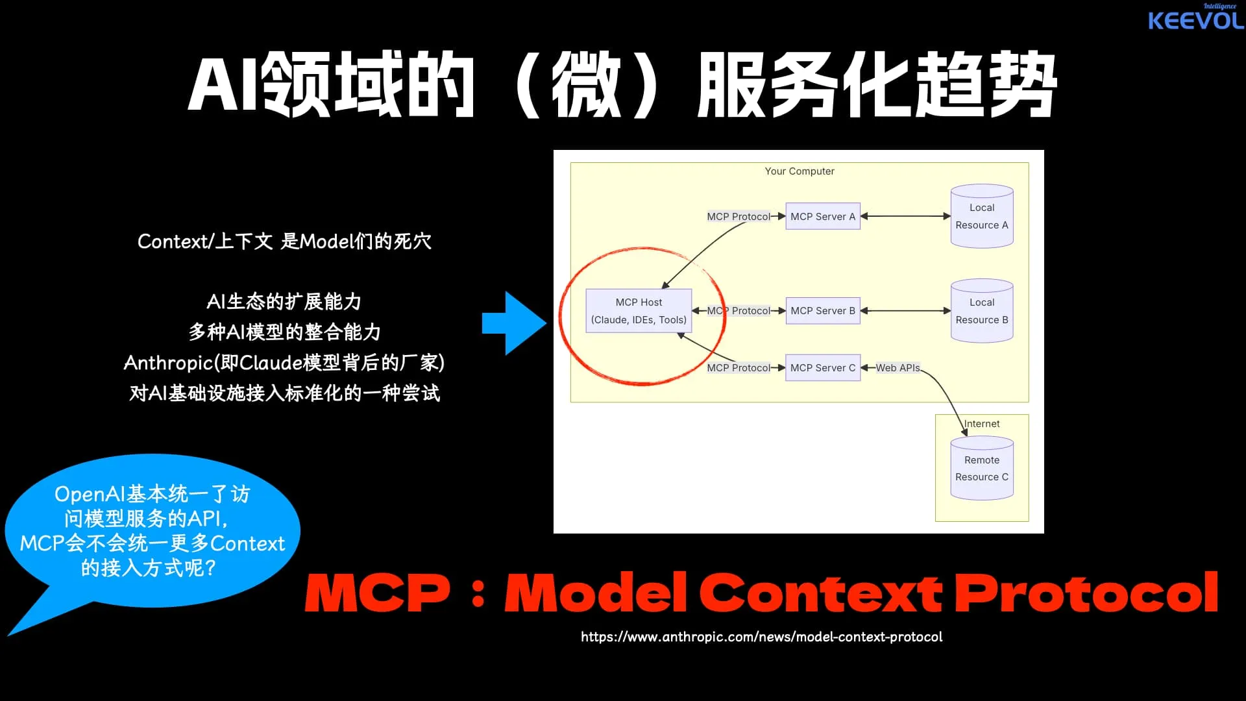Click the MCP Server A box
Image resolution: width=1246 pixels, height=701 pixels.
(822, 216)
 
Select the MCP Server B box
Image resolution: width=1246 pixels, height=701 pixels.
(822, 311)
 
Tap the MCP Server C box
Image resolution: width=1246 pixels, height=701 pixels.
(822, 367)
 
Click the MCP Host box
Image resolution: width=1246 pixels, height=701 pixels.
(639, 311)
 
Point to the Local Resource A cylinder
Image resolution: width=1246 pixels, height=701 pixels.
(981, 216)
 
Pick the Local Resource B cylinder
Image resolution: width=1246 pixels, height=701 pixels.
(981, 311)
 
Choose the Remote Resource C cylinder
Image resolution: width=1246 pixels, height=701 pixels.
(981, 468)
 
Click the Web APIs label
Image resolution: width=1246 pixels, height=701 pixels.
(898, 367)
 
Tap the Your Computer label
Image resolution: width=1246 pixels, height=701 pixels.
(799, 171)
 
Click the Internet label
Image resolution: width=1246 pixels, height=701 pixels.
(981, 424)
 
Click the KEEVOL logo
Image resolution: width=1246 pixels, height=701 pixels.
(1195, 19)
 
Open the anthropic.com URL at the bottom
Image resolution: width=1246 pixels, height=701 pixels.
(761, 637)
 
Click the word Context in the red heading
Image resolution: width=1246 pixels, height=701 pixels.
(820, 593)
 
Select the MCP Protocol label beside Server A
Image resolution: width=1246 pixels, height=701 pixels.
(738, 216)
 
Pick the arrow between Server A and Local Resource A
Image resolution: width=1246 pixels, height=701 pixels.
(905, 216)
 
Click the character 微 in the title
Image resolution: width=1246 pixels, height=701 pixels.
(586, 84)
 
